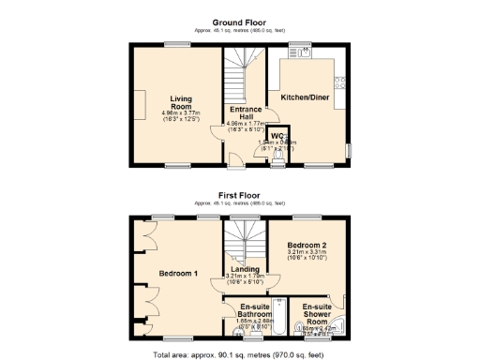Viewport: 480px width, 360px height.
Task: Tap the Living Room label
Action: click(181, 101)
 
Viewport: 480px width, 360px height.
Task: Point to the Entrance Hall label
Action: click(245, 111)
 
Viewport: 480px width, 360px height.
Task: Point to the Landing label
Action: click(245, 269)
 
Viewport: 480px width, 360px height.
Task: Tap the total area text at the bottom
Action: click(240, 353)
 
